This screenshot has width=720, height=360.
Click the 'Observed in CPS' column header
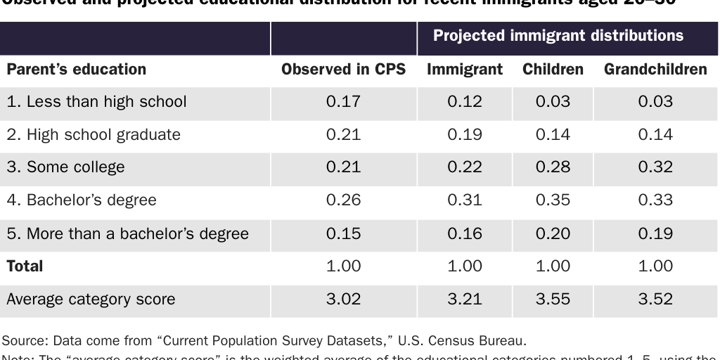(x=343, y=70)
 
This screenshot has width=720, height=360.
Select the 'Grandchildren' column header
(x=655, y=70)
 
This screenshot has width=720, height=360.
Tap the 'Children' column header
(x=553, y=70)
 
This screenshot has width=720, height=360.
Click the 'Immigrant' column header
(x=465, y=70)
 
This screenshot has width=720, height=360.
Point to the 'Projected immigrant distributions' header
(x=558, y=36)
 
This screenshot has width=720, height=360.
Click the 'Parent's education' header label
(x=77, y=70)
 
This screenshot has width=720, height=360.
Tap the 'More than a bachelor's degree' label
(x=127, y=233)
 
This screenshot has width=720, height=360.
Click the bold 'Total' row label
(x=25, y=266)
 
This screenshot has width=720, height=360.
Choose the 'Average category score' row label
(x=91, y=300)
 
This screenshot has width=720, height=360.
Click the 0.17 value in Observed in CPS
(x=343, y=102)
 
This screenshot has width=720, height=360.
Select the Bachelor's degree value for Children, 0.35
(x=553, y=200)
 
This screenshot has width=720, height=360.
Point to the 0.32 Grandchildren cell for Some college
(x=655, y=167)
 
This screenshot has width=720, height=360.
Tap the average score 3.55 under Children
(x=553, y=300)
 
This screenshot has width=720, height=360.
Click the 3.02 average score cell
(x=343, y=300)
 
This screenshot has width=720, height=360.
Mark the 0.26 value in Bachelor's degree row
(x=343, y=200)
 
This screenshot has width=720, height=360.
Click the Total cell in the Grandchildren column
(x=655, y=266)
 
